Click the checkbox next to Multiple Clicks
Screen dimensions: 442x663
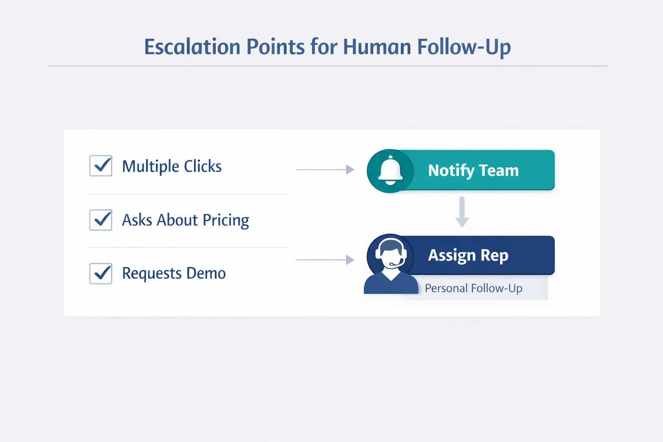click(101, 166)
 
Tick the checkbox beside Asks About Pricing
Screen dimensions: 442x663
click(101, 220)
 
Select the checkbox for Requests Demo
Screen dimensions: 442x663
click(101, 273)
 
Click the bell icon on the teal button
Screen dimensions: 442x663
click(390, 170)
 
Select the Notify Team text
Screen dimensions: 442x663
click(473, 170)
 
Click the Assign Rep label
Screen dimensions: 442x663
click(468, 255)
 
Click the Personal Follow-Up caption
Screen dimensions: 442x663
click(473, 288)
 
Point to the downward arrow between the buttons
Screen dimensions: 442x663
click(462, 212)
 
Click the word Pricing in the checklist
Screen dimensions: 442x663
click(226, 221)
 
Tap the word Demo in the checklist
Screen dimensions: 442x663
click(206, 273)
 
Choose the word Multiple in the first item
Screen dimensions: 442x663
click(151, 167)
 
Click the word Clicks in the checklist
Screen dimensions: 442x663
click(202, 166)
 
